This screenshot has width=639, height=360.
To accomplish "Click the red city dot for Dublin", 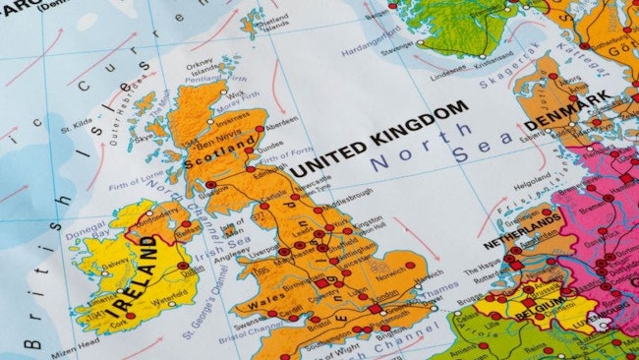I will pyautogui.click(x=183, y=266).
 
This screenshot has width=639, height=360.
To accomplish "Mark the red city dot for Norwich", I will pyautogui.click(x=410, y=265).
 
